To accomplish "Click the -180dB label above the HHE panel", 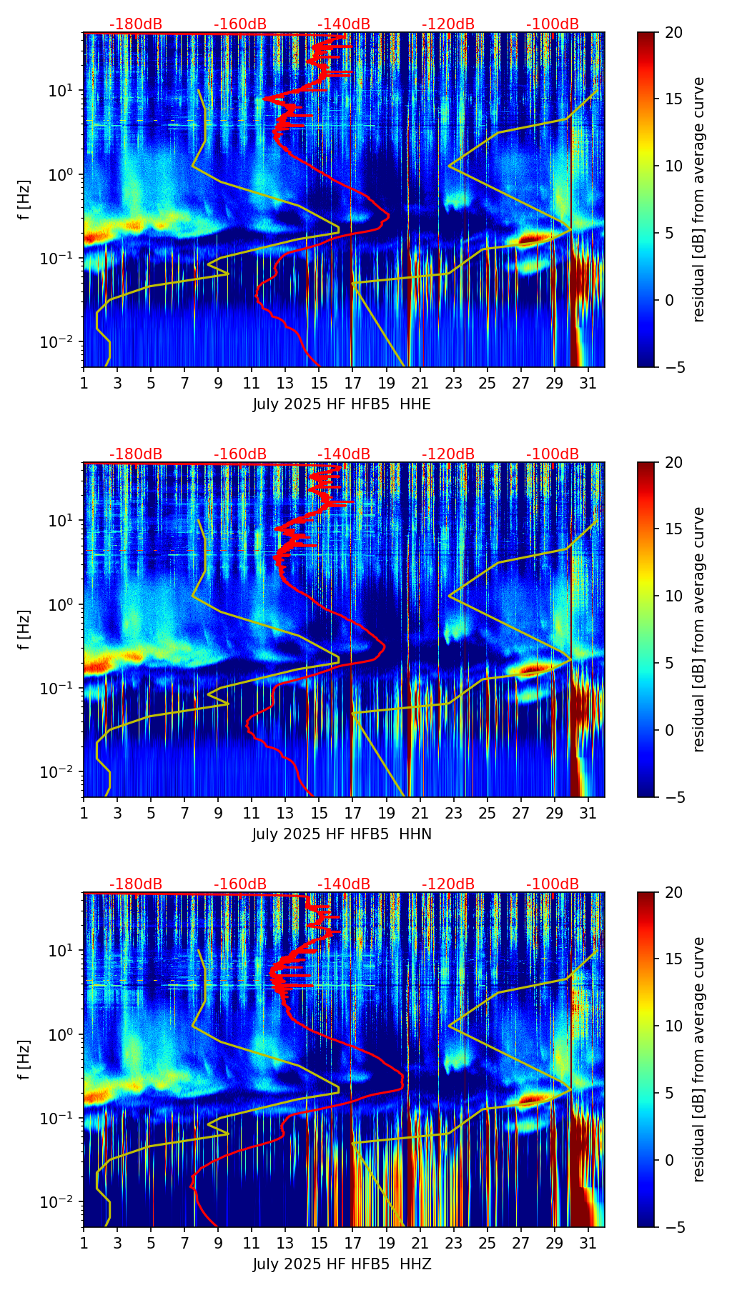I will (136, 24).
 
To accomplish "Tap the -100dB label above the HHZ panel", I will (553, 884).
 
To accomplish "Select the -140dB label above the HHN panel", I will (344, 454).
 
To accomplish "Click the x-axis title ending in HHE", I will (342, 404).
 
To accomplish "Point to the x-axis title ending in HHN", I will (342, 834).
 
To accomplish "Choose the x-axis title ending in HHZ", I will (342, 1264).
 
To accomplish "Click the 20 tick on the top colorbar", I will (673, 33).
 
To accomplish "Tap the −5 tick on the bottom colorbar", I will (673, 1227).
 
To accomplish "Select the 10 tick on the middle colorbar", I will (673, 596).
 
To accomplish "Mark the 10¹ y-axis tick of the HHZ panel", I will (65, 951).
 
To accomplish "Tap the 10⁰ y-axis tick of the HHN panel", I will (65, 605).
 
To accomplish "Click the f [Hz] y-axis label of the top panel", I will (25, 200).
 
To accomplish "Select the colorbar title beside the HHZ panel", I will (699, 1059).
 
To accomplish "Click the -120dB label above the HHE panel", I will (448, 24).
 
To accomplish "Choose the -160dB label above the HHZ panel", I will (240, 884).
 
